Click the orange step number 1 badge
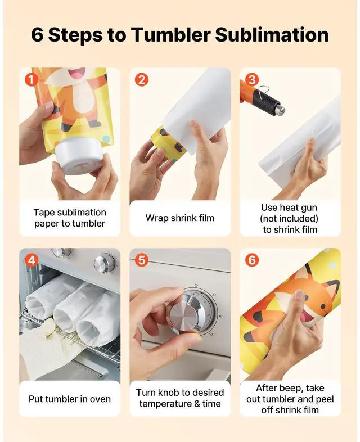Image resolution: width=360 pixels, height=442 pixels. [x=31, y=80]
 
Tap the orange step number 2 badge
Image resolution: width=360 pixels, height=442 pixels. [x=142, y=80]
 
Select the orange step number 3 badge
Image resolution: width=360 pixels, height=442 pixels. [x=252, y=80]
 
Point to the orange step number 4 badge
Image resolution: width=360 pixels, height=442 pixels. [x=31, y=260]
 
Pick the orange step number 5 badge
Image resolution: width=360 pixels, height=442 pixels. [x=142, y=260]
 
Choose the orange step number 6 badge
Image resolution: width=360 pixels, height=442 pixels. [x=252, y=260]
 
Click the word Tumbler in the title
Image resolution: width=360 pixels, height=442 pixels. [x=171, y=35]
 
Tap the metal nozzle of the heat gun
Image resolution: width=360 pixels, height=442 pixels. [x=280, y=110]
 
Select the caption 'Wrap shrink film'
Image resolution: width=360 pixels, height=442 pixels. [x=180, y=218]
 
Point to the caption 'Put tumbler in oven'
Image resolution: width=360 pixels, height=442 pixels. [x=70, y=399]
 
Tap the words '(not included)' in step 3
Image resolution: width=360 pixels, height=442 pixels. [x=289, y=218]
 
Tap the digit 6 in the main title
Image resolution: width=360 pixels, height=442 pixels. [x=37, y=35]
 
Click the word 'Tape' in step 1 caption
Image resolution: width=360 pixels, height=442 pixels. [x=43, y=213]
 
